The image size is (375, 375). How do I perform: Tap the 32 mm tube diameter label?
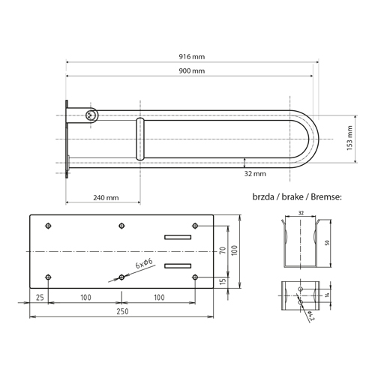pos(255,174)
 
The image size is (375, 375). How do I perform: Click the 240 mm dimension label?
pos(105,198)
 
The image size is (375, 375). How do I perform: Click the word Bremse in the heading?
pos(323,196)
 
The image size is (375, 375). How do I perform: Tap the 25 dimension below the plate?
pos(38,297)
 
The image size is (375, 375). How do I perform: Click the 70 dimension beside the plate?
pos(223,250)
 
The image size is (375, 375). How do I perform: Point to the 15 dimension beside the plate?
pos(223,281)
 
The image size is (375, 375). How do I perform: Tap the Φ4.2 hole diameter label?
pos(310,316)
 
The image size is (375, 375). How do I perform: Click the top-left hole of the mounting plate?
pos(48,225)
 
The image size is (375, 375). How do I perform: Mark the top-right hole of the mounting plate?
pos(194,225)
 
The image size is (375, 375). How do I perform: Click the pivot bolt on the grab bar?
pos(91,115)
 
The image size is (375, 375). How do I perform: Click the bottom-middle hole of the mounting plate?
pos(121,277)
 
